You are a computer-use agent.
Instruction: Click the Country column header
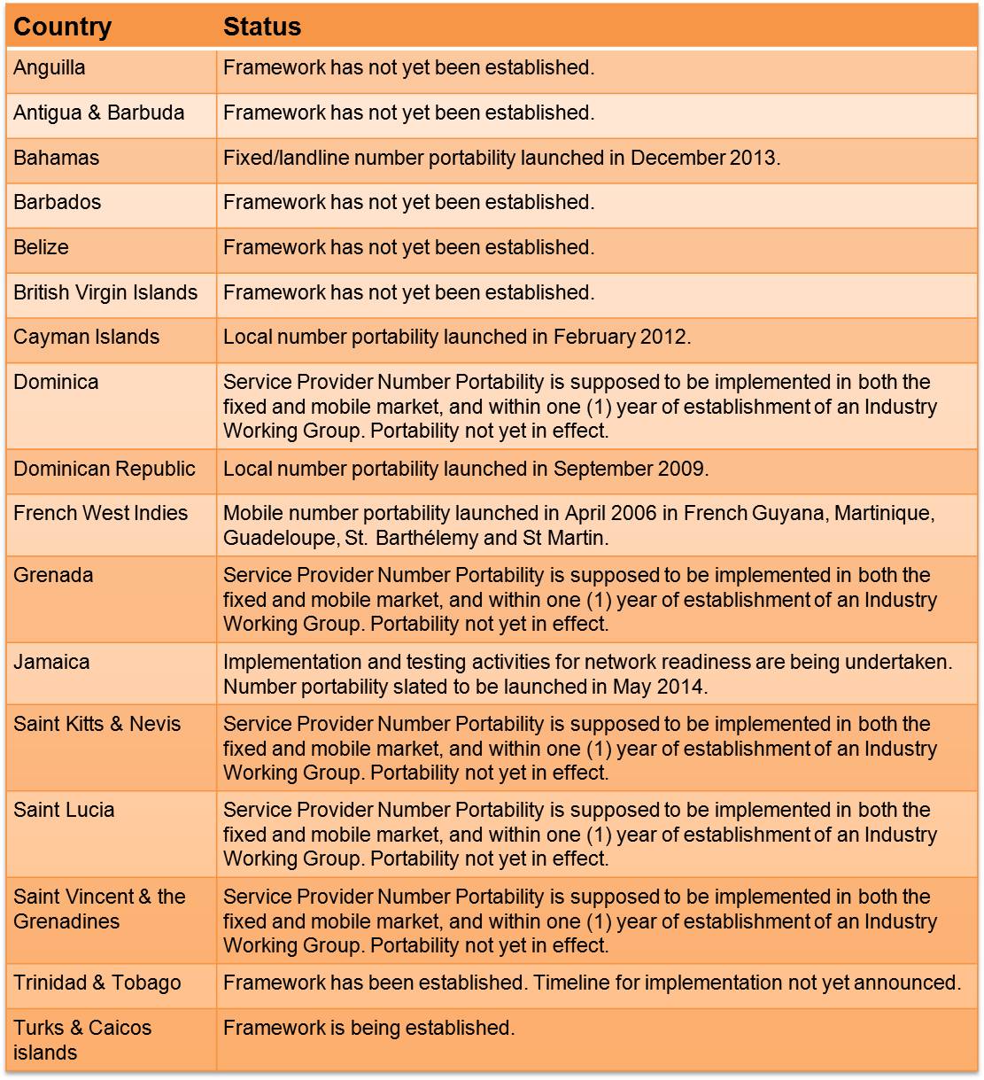point(62,27)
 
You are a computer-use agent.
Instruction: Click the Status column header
point(262,27)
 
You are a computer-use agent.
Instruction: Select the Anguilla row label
point(50,68)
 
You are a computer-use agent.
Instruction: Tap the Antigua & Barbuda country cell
point(99,113)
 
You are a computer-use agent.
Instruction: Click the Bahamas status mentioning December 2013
point(501,159)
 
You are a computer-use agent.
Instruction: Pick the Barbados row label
point(58,203)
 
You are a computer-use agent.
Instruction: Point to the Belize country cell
point(41,248)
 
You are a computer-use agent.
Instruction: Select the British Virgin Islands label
point(105,293)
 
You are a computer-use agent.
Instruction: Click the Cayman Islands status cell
point(457,338)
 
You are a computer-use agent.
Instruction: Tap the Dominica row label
point(56,383)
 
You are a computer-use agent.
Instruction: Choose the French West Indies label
point(101,514)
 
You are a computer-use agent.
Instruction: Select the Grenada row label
point(53,576)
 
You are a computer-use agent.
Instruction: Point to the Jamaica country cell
point(51,663)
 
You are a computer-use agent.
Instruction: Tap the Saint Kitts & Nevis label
point(97,725)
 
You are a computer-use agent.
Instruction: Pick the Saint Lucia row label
point(64,811)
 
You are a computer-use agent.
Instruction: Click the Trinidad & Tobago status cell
point(592,983)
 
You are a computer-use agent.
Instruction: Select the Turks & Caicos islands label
point(82,1040)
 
